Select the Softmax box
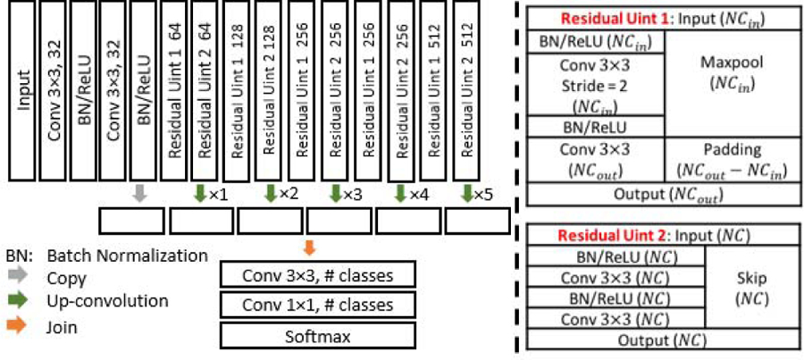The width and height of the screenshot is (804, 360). (318, 336)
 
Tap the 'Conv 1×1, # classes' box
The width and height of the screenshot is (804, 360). (318, 305)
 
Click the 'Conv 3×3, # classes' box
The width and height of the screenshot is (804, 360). (318, 274)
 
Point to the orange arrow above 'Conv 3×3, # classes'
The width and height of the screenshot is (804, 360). (308, 245)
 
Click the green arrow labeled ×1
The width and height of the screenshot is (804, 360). (200, 191)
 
